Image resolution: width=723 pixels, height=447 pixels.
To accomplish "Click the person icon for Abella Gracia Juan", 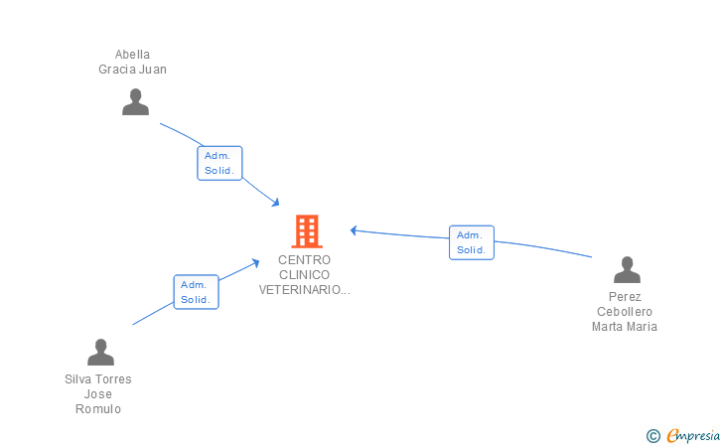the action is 135,101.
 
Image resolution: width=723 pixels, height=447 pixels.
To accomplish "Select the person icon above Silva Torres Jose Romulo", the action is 100,352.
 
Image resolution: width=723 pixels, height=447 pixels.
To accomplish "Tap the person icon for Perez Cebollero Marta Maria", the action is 627,269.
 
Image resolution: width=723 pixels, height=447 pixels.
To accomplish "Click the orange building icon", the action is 307,231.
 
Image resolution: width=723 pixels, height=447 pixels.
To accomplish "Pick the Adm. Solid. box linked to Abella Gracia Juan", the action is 219,163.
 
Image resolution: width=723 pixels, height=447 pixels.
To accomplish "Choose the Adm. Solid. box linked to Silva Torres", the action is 196,292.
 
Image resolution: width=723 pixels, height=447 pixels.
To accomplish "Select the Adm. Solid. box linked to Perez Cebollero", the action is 472,242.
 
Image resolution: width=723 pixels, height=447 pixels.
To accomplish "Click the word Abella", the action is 132,55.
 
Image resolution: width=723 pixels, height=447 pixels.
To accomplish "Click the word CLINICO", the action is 304,275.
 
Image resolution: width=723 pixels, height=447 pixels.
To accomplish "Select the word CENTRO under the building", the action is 304,260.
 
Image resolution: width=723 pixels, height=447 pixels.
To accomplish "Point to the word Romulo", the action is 98,409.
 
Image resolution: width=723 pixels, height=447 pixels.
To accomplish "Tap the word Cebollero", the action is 625,312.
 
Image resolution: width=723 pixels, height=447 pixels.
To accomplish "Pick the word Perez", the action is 625,297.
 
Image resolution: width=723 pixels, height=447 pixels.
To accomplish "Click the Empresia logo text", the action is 693,435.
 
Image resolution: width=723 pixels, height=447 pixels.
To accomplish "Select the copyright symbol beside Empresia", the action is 653,436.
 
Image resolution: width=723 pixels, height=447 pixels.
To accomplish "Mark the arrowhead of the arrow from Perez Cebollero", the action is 354,230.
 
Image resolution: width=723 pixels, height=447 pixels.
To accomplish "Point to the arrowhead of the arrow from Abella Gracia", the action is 276,203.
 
